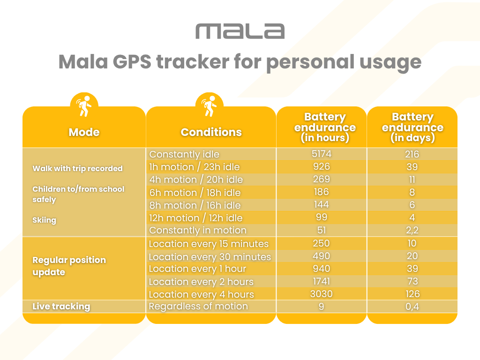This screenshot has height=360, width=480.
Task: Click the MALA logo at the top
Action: pos(240,31)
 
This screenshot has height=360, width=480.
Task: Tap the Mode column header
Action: pos(84,132)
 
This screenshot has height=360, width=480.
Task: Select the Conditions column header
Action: pos(211,132)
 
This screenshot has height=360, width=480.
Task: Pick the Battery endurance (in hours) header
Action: pos(325,127)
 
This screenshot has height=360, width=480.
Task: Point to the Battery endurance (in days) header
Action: pos(412,127)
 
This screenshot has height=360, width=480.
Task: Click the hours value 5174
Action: pos(321,154)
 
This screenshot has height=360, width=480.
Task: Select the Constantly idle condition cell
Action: pos(184,154)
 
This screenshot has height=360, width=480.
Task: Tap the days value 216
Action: pos(412,154)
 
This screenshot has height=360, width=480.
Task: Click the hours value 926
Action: pos(321,166)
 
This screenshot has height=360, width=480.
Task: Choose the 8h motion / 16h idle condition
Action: pos(195,205)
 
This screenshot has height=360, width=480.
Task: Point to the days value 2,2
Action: pos(412,230)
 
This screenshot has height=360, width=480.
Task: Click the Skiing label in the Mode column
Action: pos(44,220)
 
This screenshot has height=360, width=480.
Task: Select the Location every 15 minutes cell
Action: pos(209,244)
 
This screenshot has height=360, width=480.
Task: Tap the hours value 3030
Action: pos(321,294)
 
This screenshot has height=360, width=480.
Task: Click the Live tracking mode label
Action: pos(61,307)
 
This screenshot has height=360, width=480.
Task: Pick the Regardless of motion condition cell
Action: pos(198,307)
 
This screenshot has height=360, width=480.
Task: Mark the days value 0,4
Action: pos(412,307)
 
